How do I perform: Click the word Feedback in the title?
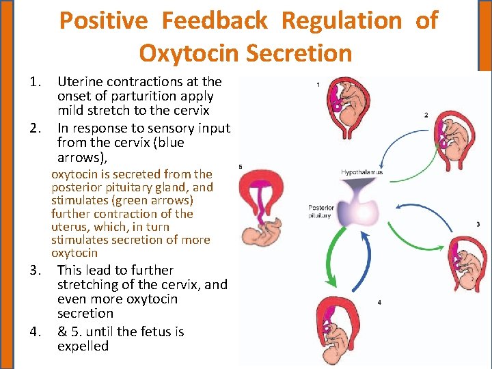[214, 20]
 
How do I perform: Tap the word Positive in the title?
[103, 20]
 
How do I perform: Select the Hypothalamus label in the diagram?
[361, 172]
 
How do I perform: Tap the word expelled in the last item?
[83, 346]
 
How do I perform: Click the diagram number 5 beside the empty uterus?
[241, 166]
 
